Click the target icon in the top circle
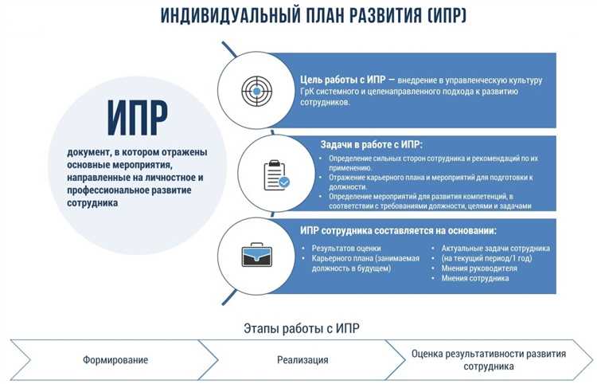tap(256, 90)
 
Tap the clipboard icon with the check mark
tap(275, 174)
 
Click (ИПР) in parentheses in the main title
tap(438, 15)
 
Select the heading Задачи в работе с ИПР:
tap(371, 144)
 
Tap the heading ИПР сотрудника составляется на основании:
tap(409, 230)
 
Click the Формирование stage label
tap(115, 360)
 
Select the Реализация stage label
tap(303, 360)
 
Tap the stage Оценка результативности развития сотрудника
tap(489, 360)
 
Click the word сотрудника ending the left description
tap(93, 203)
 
